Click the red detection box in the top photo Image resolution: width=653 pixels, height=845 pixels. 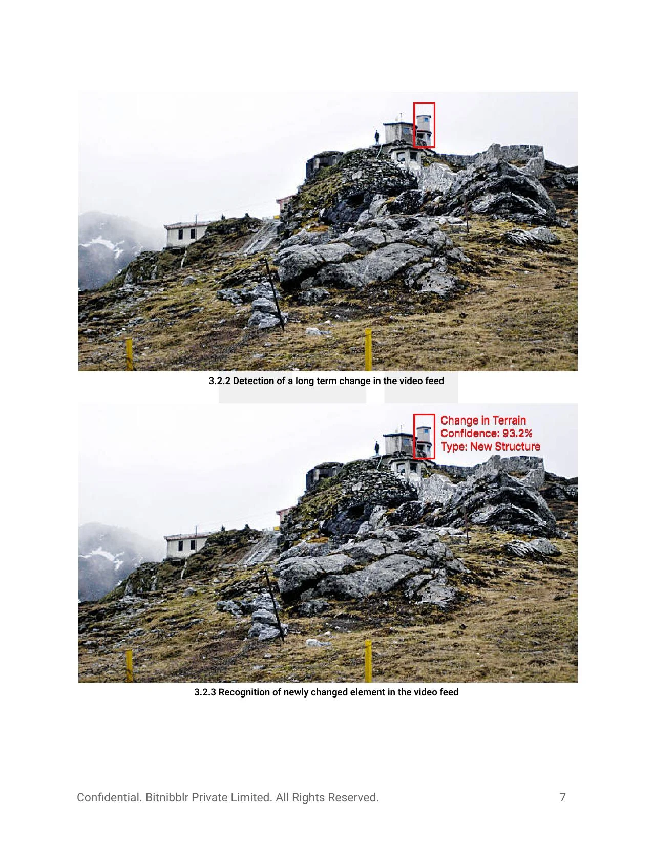[x=424, y=125]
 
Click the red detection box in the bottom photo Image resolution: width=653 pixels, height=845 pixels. [x=424, y=436]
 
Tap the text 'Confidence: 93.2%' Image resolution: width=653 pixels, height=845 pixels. [x=486, y=433]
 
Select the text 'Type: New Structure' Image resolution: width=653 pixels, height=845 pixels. [x=490, y=447]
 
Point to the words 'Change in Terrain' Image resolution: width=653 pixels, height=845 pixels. [x=483, y=420]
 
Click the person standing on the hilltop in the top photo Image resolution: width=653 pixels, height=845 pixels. [x=377, y=137]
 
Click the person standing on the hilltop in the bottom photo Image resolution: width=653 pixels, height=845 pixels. [x=377, y=448]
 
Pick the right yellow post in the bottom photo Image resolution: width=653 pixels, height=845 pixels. [x=368, y=660]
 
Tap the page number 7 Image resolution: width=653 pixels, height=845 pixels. [x=562, y=797]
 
